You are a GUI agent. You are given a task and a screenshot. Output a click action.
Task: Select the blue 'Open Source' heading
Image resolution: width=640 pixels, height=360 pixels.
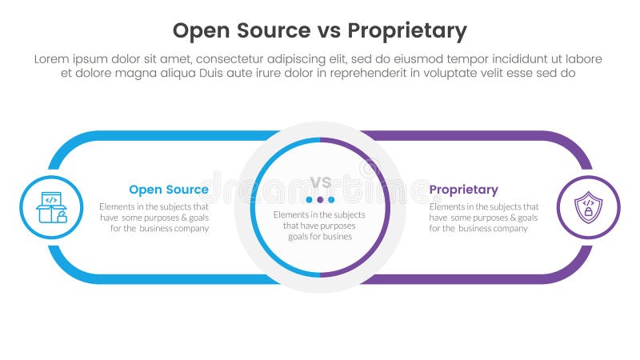pos(169,190)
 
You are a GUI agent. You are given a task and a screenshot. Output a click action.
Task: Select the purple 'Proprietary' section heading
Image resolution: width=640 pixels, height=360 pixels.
pos(463,190)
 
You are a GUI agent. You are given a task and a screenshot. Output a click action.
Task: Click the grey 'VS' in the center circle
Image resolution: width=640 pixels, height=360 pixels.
pos(320,182)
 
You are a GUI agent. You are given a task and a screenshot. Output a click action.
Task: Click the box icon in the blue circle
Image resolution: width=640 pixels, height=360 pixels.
pos(51,208)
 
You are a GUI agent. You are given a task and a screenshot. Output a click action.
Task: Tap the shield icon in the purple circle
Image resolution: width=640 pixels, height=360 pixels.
pos(588,208)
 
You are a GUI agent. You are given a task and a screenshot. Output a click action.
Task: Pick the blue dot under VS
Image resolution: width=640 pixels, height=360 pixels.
pos(309,199)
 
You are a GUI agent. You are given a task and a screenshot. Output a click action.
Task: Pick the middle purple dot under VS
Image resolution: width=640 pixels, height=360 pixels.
pos(320,199)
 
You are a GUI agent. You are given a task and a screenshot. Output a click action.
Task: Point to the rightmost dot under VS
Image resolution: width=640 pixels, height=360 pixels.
pos(331,199)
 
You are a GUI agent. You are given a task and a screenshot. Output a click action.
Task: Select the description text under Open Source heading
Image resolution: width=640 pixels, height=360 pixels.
pos(154,217)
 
